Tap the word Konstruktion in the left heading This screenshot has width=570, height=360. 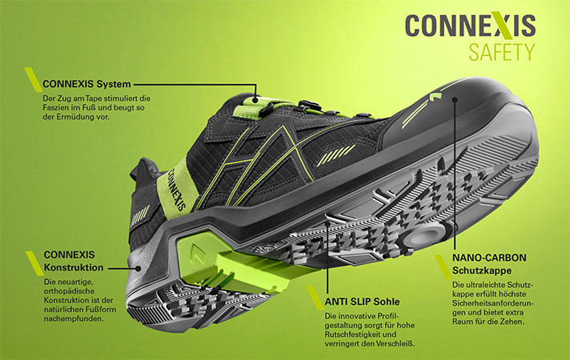pyautogui.click(x=74, y=266)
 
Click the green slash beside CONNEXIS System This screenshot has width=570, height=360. pyautogui.click(x=33, y=79)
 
